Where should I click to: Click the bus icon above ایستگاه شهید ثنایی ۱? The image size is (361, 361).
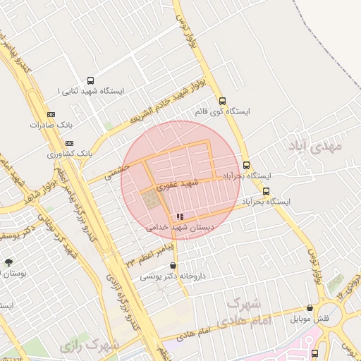coord(90,80)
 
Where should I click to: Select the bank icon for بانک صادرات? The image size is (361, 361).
coord(50,114)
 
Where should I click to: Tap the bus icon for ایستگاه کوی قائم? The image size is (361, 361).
coord(223,101)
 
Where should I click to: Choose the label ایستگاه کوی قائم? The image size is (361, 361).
coord(222,111)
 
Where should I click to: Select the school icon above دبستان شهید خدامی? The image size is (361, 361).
coord(180,216)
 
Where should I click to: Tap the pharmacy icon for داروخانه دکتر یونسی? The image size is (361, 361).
coord(173,266)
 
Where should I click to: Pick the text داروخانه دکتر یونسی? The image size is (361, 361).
coord(173,276)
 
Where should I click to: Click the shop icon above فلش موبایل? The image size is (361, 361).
coord(310,307)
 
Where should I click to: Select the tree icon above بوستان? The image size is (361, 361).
coord(8,262)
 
